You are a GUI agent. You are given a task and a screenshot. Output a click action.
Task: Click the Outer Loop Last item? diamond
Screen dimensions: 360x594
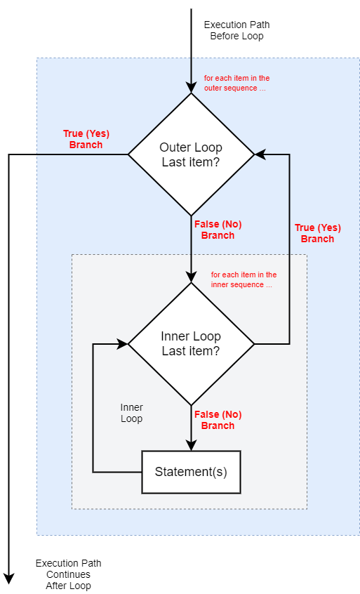point(191,154)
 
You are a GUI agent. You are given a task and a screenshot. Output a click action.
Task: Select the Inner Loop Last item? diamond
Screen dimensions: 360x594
point(191,344)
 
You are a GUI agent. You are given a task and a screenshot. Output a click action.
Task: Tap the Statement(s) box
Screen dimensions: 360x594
point(191,472)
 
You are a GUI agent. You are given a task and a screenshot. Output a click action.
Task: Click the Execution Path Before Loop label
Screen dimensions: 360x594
point(237,30)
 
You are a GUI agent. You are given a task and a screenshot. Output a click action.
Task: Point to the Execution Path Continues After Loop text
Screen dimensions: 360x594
point(69,574)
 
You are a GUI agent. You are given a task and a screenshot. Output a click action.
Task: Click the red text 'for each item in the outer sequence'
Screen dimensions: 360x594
point(237,83)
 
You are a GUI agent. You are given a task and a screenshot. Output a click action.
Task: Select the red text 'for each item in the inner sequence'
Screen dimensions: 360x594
point(244,279)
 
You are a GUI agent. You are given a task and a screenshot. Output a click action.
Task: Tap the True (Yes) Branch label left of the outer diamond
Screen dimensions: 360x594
point(86,140)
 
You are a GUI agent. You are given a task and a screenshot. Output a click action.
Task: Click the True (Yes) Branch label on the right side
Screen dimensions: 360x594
point(318,233)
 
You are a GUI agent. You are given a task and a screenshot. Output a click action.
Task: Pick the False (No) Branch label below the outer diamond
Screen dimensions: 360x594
point(218,230)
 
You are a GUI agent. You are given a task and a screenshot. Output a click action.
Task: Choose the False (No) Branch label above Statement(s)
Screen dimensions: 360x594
point(218,420)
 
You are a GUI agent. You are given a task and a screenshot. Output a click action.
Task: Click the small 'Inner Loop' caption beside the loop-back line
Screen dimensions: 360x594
point(132,413)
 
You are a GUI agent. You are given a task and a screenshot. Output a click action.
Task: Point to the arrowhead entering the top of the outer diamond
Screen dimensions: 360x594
point(191,88)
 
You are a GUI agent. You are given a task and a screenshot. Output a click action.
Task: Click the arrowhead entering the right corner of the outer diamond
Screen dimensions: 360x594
point(260,154)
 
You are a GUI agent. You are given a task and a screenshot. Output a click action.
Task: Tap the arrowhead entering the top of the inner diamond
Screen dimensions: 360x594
point(191,277)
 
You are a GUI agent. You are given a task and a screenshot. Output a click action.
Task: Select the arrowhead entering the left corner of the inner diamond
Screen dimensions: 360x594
point(123,344)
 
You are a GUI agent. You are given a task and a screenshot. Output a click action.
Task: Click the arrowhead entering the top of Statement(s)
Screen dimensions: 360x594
point(191,445)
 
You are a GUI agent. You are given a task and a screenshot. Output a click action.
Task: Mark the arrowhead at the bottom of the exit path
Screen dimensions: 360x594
point(8,579)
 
